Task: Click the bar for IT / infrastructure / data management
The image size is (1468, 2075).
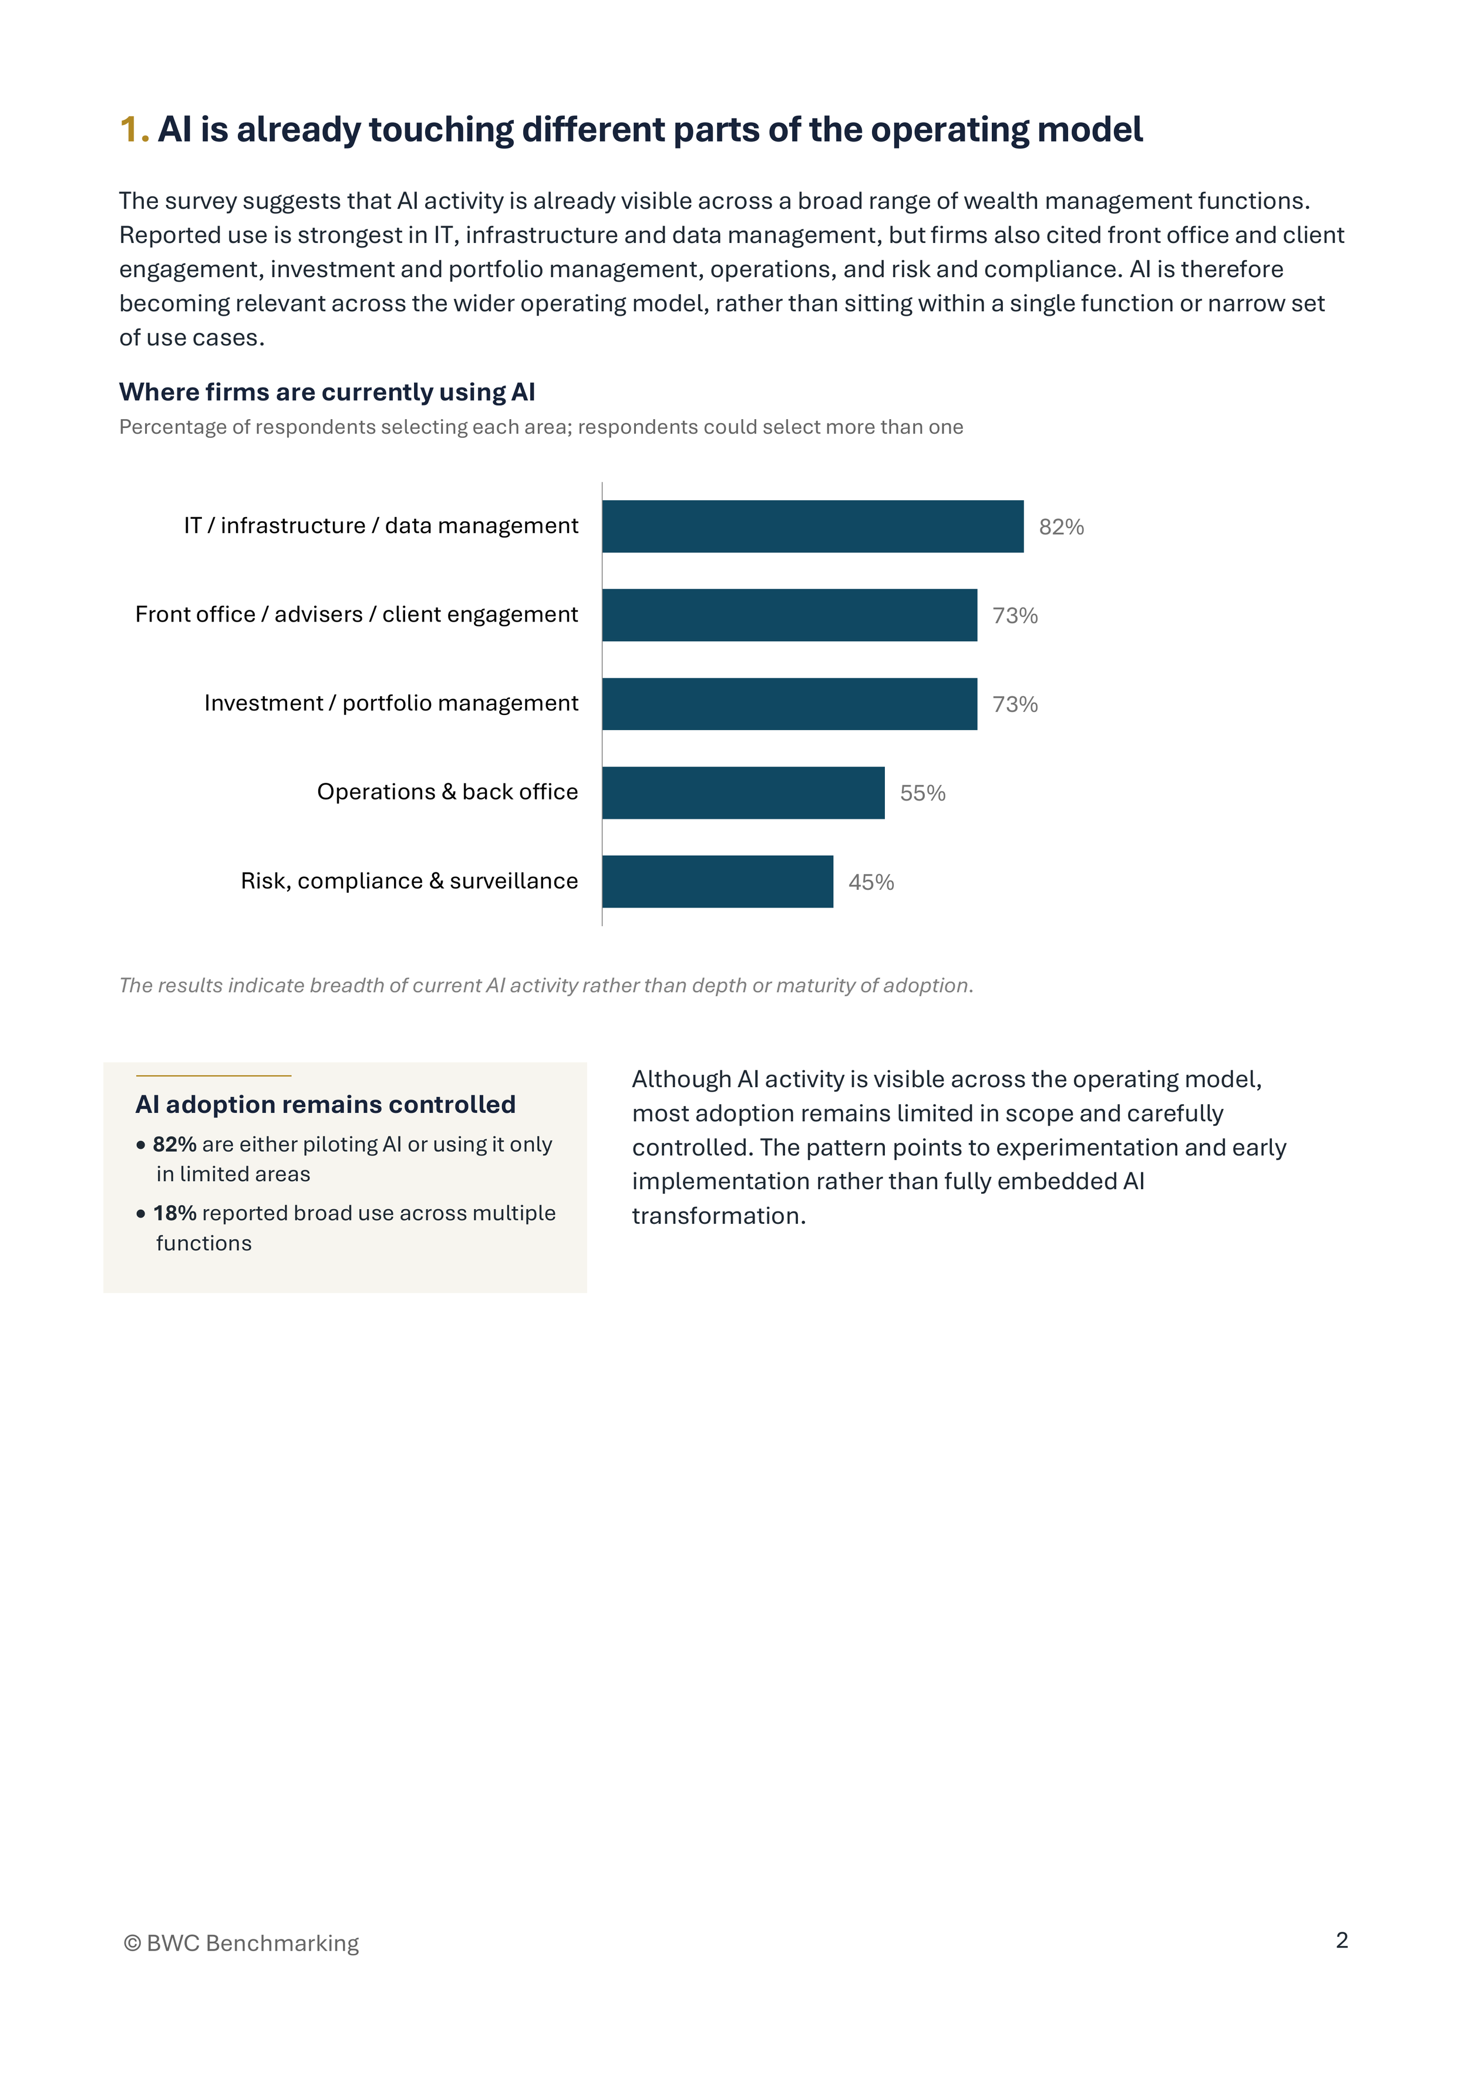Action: (813, 526)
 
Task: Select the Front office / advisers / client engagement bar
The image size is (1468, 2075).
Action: (790, 615)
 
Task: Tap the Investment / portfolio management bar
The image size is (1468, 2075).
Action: (790, 704)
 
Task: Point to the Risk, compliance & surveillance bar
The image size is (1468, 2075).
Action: (718, 881)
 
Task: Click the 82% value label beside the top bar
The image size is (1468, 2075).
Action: (1061, 527)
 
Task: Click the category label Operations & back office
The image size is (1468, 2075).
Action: (447, 792)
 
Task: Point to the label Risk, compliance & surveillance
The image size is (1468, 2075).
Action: (409, 881)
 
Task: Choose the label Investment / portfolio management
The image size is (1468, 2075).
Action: (392, 703)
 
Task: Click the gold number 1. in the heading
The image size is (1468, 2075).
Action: (134, 129)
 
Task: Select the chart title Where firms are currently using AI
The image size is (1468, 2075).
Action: (327, 392)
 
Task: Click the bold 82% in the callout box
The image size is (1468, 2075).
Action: (174, 1144)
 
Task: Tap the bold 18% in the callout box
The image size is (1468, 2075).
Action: (174, 1213)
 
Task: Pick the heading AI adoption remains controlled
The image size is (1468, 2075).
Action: (325, 1104)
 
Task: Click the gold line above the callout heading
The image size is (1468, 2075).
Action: (213, 1075)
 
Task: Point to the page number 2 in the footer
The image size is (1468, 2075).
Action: (1341, 1941)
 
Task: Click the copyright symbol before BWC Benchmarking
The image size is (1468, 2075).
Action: (132, 1943)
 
